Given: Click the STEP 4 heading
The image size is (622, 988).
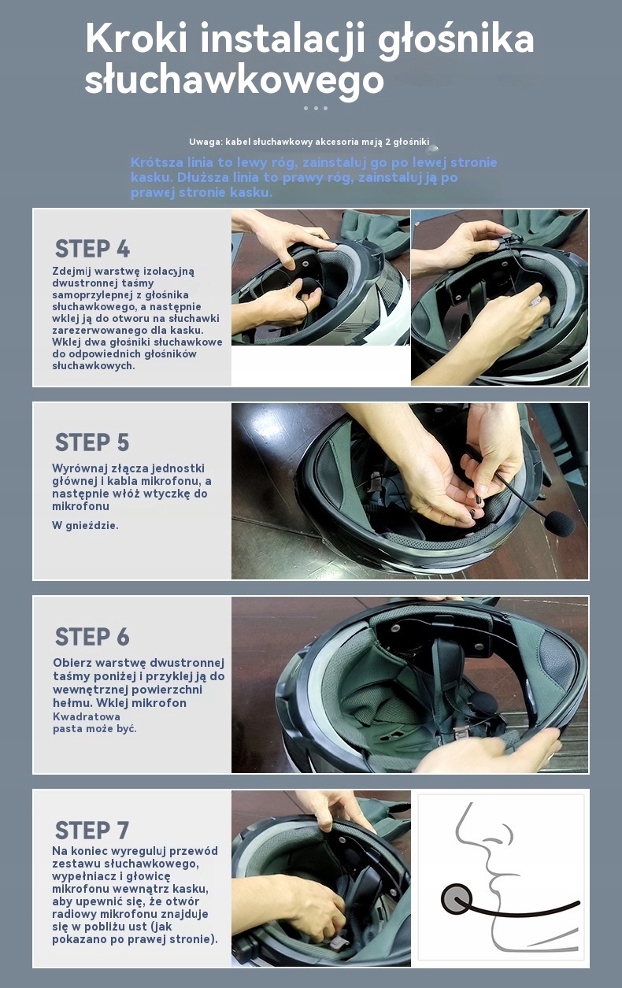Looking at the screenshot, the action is [92, 249].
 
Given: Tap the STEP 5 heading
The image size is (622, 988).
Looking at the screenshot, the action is [92, 442].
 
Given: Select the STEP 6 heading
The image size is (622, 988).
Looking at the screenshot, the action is [92, 637].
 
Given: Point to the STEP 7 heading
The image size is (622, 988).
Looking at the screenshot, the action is [92, 831].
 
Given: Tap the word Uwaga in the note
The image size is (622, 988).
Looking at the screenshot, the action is [205, 142].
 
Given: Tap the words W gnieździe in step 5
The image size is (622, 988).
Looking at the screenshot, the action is [85, 525].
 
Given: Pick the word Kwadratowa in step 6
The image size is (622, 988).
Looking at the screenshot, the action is [87, 716].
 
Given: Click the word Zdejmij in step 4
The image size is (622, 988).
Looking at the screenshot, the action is [71, 272].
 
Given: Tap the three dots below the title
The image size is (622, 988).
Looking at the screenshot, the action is [316, 108].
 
